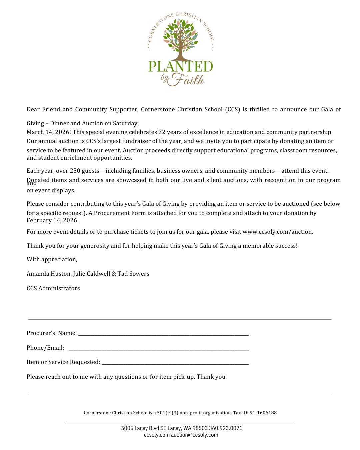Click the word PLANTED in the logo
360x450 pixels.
point(180,67)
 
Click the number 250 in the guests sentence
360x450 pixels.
point(75,171)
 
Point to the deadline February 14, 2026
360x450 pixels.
point(52,220)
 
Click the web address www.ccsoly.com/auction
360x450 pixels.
point(277,232)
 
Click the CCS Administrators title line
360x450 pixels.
point(53,288)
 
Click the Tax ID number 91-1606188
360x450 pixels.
point(263,413)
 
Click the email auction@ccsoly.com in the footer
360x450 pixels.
point(195,435)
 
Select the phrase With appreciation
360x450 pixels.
point(52,259)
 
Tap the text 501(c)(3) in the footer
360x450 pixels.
point(168,413)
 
